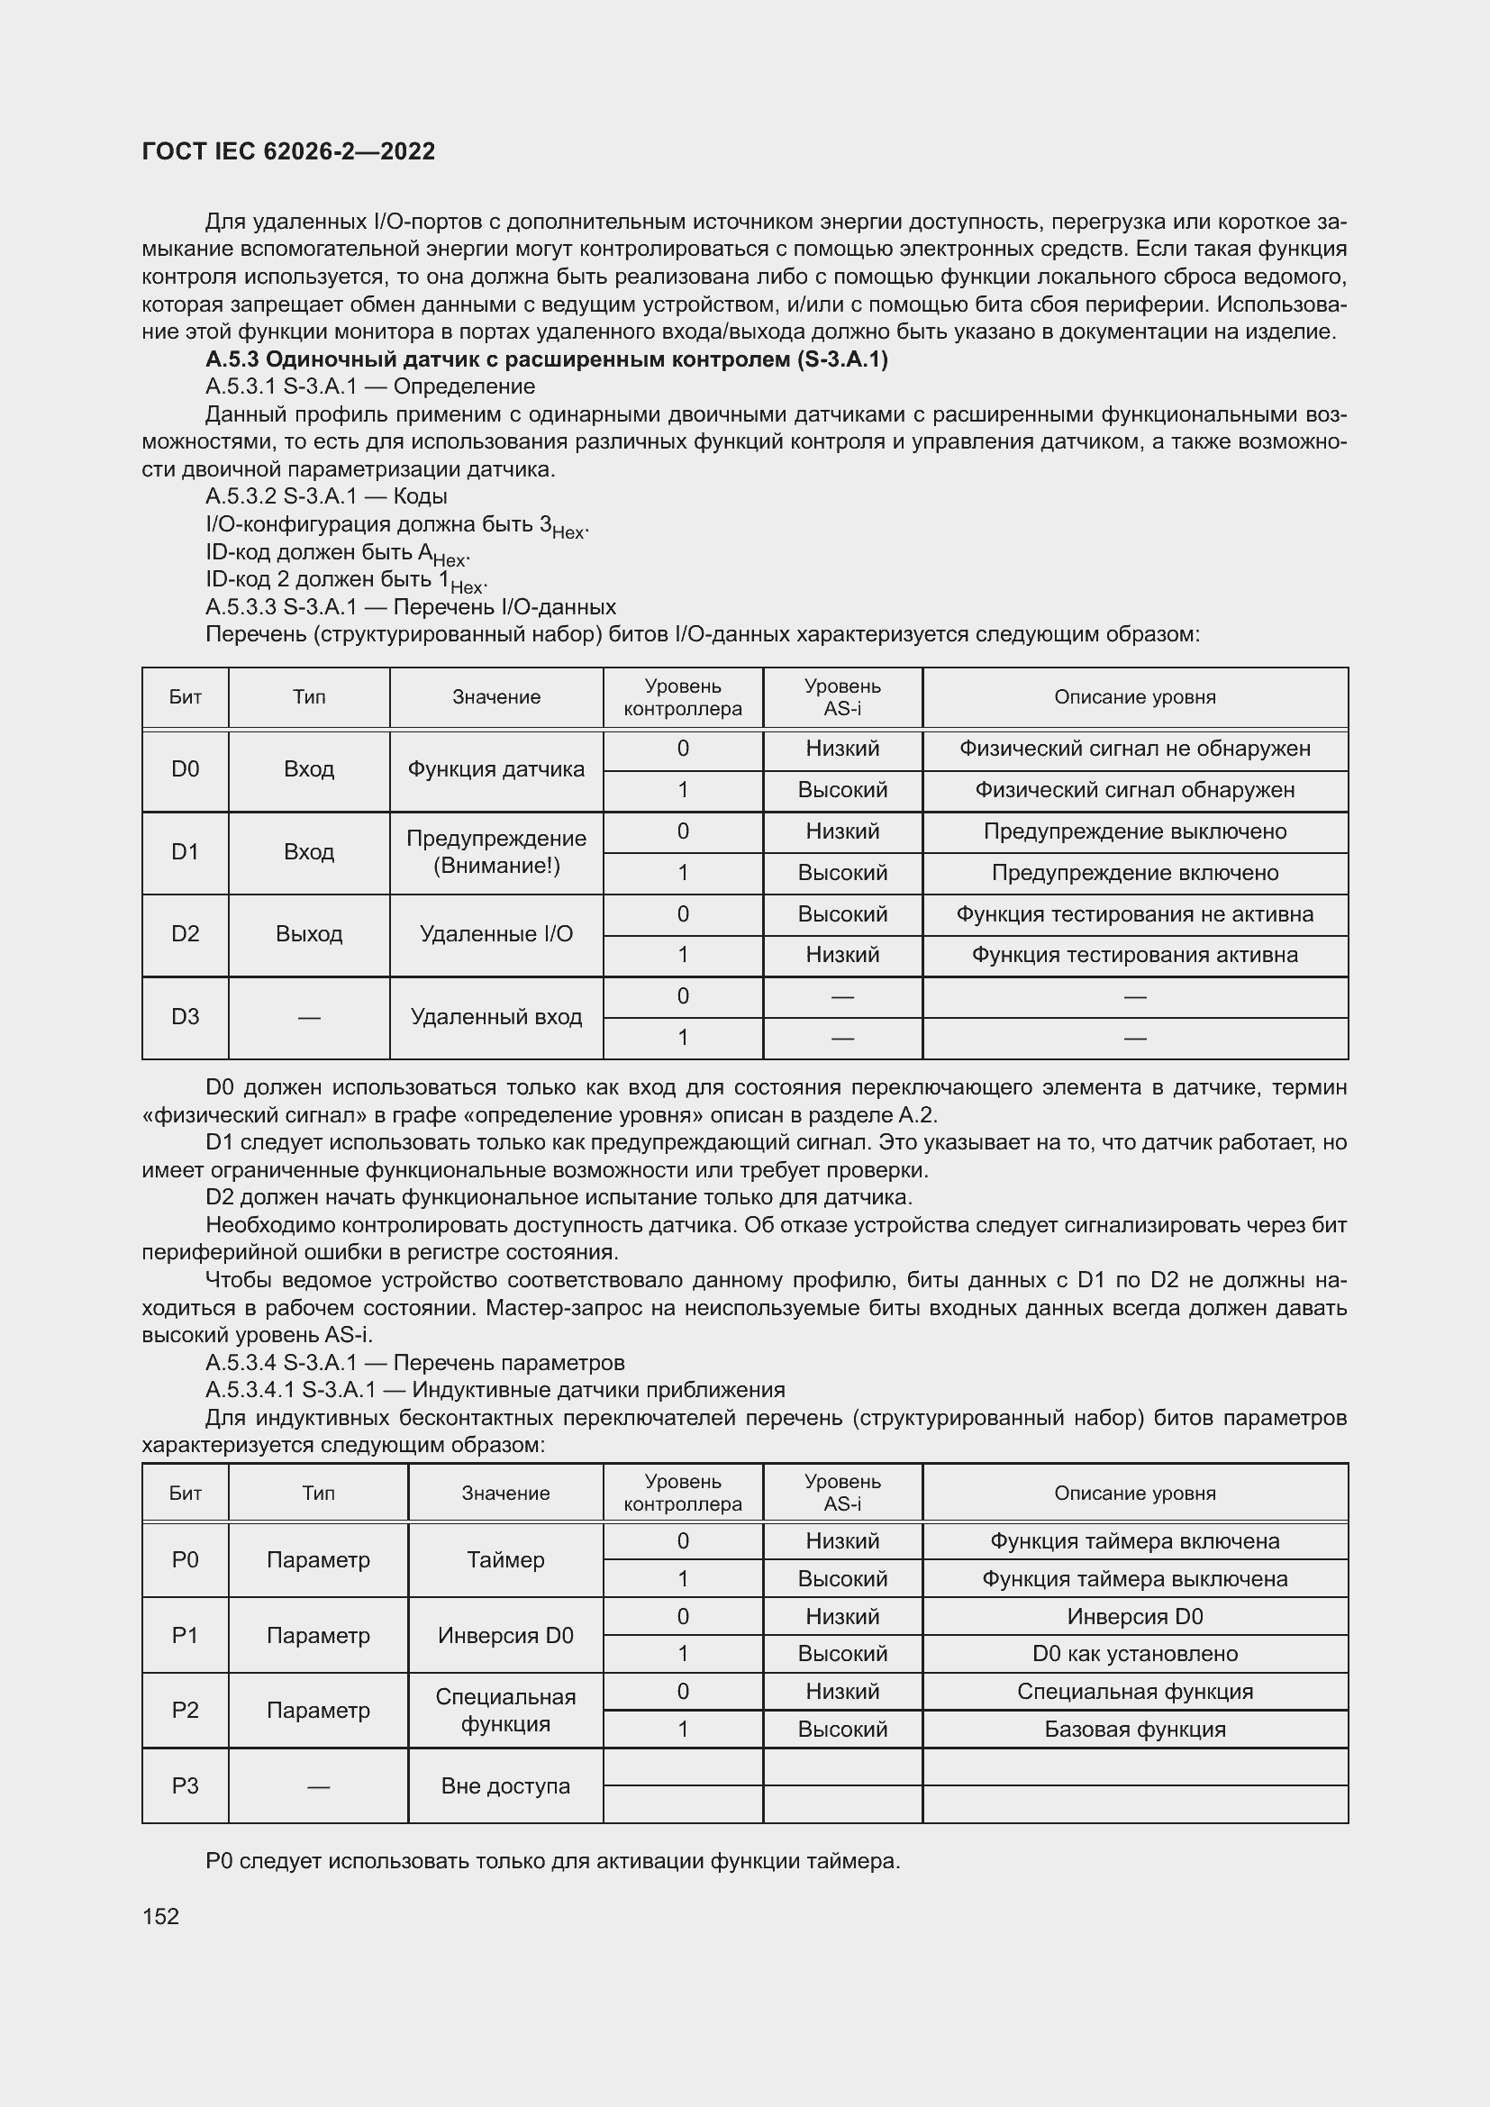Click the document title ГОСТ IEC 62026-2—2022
click(x=288, y=151)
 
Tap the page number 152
click(x=160, y=1916)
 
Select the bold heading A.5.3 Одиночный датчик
click(x=546, y=359)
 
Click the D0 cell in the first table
click(x=186, y=769)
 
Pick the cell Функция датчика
click(x=495, y=769)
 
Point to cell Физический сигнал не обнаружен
click(x=1134, y=749)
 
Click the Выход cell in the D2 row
click(x=308, y=934)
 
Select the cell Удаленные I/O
click(x=495, y=934)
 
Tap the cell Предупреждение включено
click(x=1134, y=873)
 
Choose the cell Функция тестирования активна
click(x=1134, y=955)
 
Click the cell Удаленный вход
click(x=495, y=1017)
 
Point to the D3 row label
click(x=186, y=1017)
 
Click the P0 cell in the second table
click(x=186, y=1559)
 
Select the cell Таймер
click(x=504, y=1559)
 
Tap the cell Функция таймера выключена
click(x=1134, y=1578)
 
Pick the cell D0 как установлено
click(x=1134, y=1654)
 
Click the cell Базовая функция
click(x=1134, y=1729)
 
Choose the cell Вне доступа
click(x=504, y=1785)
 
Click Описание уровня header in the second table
click(x=1134, y=1493)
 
